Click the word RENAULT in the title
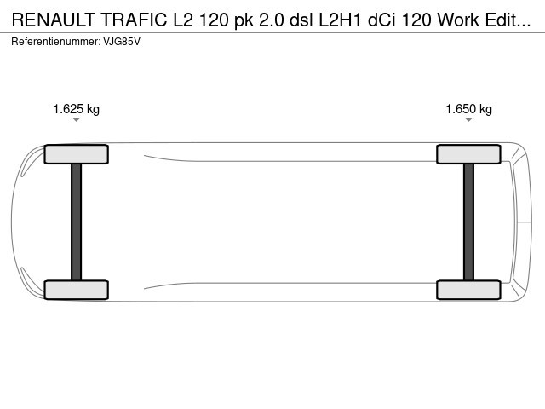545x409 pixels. coord(54,20)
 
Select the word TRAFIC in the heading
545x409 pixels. coord(134,20)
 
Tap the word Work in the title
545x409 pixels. coord(458,20)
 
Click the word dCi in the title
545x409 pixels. coord(381,20)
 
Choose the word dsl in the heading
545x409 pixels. coord(301,20)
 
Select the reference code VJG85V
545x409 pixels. coord(122,42)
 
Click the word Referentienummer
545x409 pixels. coord(56,42)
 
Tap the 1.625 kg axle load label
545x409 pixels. coord(76,109)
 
